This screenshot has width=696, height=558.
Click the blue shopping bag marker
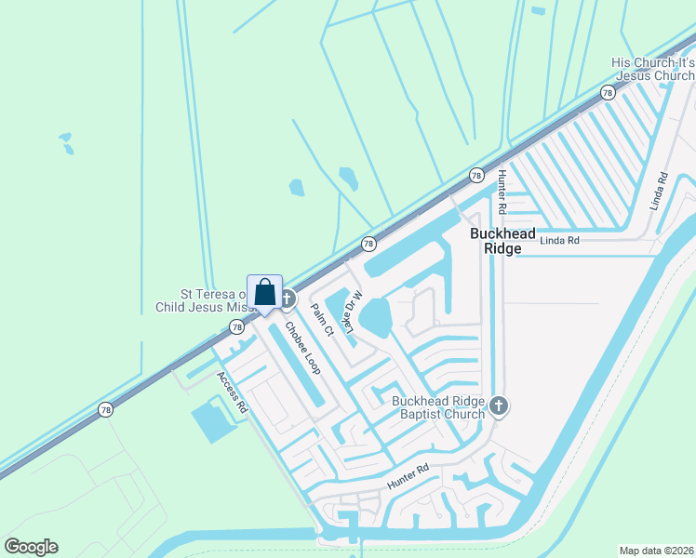pyautogui.click(x=264, y=292)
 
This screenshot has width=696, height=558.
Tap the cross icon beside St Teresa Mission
pyautogui.click(x=288, y=299)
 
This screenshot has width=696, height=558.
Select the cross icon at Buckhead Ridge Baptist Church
pyautogui.click(x=499, y=405)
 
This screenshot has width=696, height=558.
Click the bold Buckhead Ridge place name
pyautogui.click(x=503, y=240)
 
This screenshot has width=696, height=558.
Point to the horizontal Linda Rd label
pyautogui.click(x=561, y=241)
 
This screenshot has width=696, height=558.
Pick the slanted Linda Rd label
pyautogui.click(x=660, y=191)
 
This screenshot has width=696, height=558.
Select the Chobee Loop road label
pyautogui.click(x=302, y=348)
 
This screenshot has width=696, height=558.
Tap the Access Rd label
pyautogui.click(x=232, y=392)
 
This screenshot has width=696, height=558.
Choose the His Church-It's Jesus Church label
pyautogui.click(x=652, y=69)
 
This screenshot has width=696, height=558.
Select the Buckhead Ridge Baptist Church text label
pyautogui.click(x=438, y=407)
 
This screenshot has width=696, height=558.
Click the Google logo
pyautogui.click(x=31, y=547)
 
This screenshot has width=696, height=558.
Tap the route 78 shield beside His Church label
pyautogui.click(x=608, y=93)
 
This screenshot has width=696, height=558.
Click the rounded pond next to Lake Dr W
pyautogui.click(x=376, y=319)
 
